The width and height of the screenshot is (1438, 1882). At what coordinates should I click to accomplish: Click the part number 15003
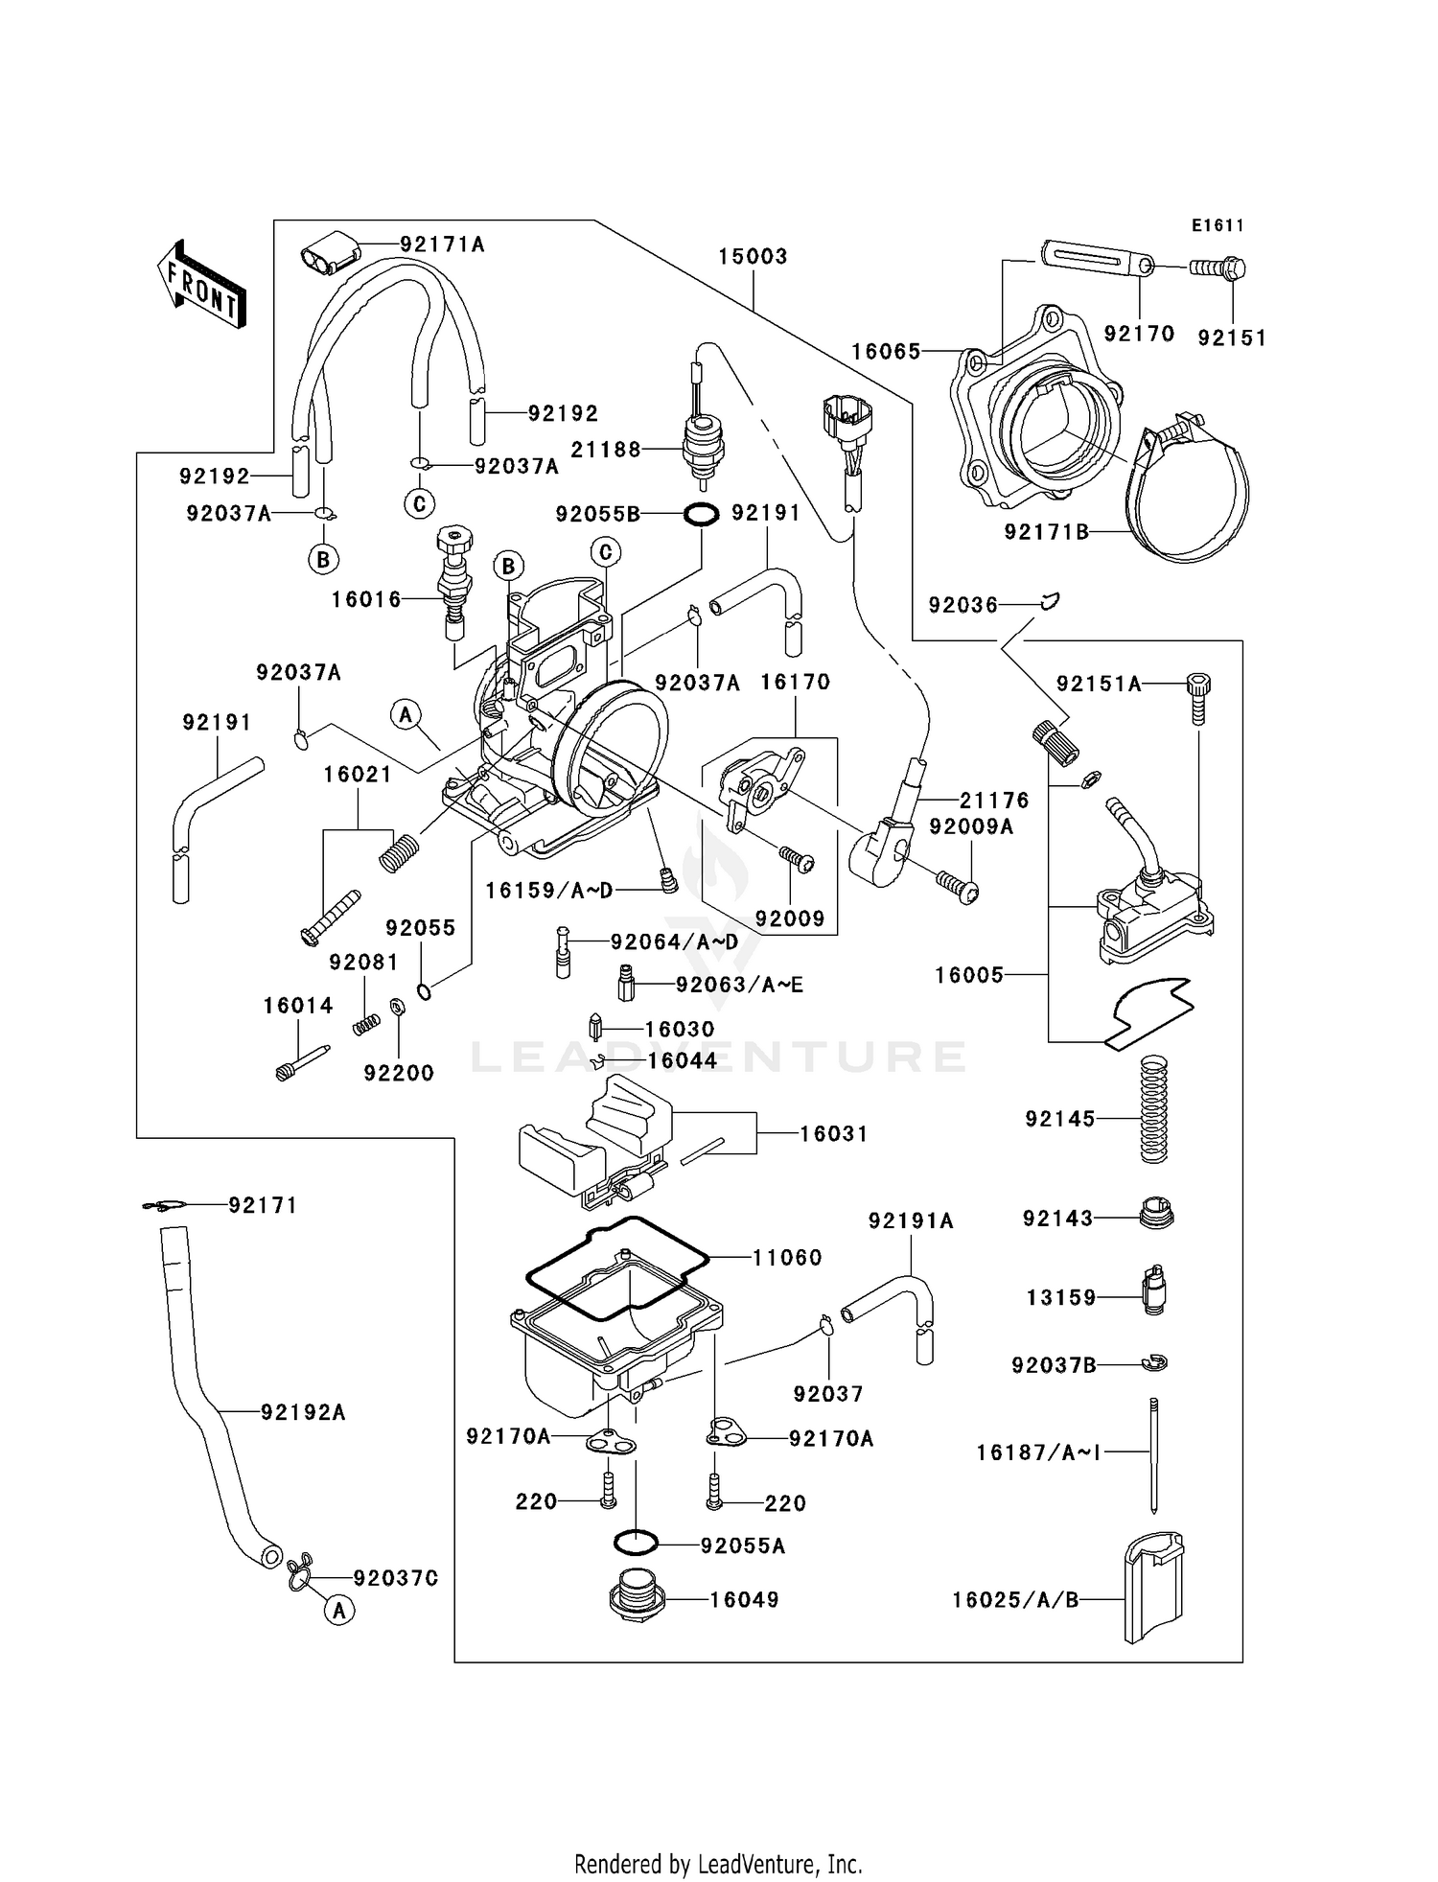[753, 257]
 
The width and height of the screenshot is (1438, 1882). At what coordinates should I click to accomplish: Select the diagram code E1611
[1218, 226]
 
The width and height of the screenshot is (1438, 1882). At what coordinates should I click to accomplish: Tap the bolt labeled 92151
[1217, 267]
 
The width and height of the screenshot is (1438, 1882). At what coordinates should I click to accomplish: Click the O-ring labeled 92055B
[701, 515]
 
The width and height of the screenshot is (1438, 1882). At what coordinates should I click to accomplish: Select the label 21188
[606, 450]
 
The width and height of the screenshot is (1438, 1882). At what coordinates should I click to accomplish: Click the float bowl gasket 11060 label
[786, 1257]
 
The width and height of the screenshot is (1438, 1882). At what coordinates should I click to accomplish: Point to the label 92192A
[303, 1412]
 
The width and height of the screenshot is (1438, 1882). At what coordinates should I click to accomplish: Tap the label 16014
[298, 1006]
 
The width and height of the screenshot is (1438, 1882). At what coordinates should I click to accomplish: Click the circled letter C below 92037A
[419, 503]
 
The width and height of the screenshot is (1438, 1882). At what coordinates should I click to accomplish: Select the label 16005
[968, 975]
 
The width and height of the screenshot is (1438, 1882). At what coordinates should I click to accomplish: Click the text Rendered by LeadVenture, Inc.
[718, 1864]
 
